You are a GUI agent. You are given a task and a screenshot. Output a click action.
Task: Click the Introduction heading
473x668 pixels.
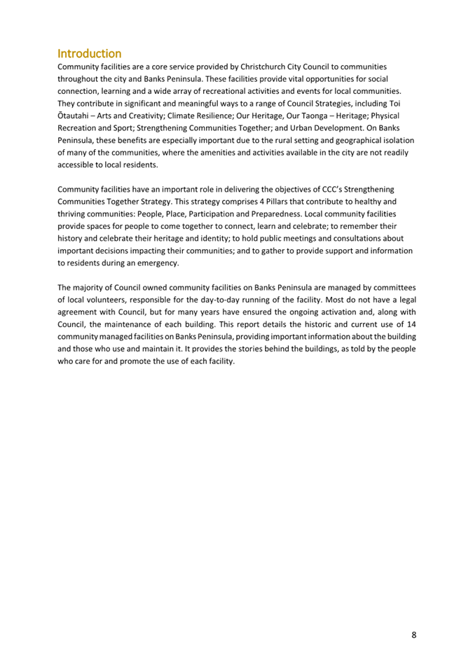point(89,54)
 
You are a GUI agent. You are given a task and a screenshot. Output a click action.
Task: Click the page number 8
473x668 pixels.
point(413,635)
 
